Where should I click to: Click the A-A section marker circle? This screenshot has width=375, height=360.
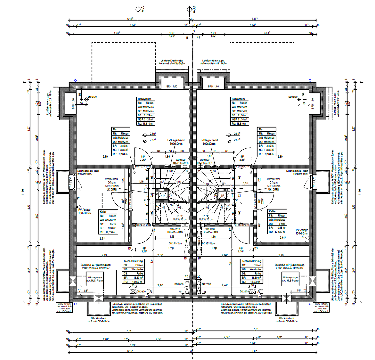tap(137, 10)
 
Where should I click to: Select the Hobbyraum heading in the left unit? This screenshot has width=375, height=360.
tap(146, 99)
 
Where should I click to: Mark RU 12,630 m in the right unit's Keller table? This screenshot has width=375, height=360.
tap(277, 232)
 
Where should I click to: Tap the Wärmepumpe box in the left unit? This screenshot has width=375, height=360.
tap(94, 279)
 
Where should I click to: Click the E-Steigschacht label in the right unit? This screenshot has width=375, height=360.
tap(209, 140)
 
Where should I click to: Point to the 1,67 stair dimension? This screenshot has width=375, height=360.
tap(170, 171)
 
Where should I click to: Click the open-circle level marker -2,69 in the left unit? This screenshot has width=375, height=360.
tap(144, 135)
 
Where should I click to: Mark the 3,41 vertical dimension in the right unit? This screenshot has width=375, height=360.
tap(230, 262)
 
